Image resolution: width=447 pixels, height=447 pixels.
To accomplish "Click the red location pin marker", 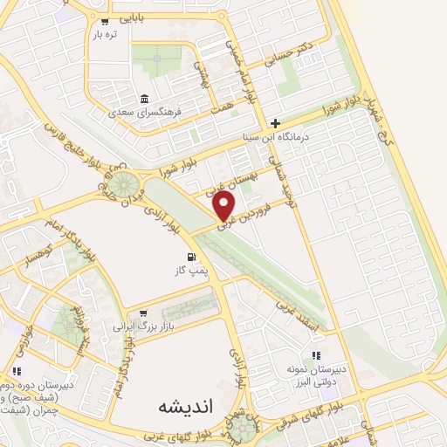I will (x=225, y=207).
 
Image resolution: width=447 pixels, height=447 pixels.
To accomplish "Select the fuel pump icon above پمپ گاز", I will (x=189, y=258).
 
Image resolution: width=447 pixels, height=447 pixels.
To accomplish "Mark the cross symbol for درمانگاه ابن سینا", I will (x=276, y=123).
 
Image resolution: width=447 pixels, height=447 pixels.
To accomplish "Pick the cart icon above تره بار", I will (x=105, y=20).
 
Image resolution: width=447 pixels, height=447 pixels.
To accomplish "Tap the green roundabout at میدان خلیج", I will (x=122, y=186).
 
